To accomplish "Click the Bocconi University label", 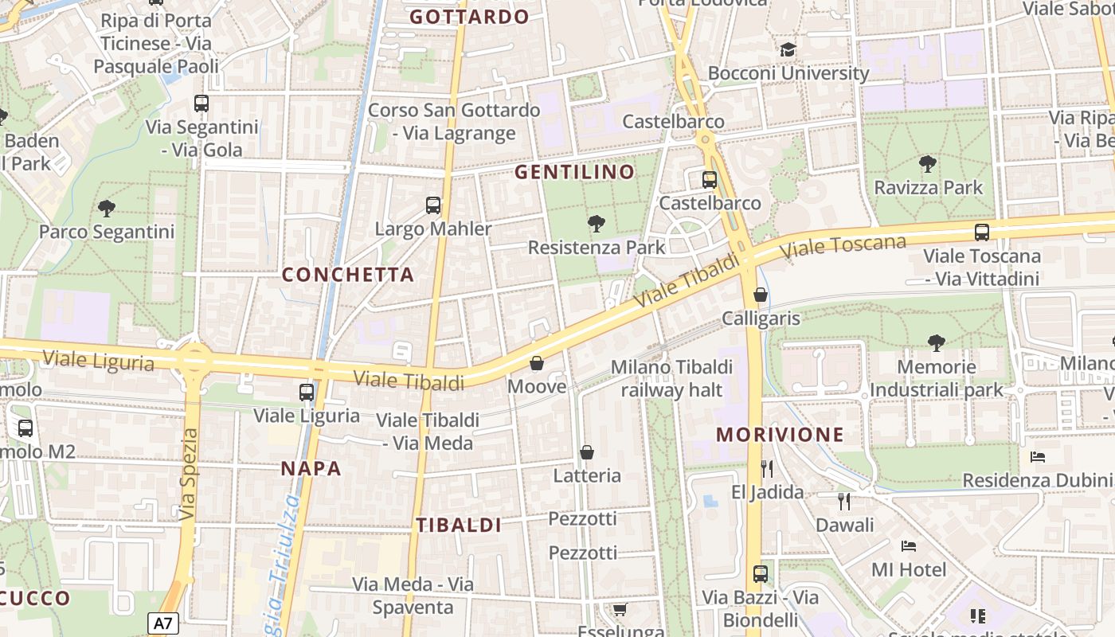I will pyautogui.click(x=788, y=73).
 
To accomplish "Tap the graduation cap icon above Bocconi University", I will pyautogui.click(x=788, y=50).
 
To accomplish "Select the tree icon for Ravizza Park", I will pyautogui.click(x=927, y=165).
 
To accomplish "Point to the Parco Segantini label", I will pyautogui.click(x=107, y=232).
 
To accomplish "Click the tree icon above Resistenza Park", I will pyautogui.click(x=596, y=224).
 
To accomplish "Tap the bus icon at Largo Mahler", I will pyautogui.click(x=433, y=205).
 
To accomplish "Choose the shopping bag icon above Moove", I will pyautogui.click(x=537, y=364).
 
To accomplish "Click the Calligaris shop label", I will pyautogui.click(x=761, y=318).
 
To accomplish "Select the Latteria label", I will pyautogui.click(x=587, y=475).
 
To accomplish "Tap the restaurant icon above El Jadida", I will pyautogui.click(x=767, y=468).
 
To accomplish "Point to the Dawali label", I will pyautogui.click(x=844, y=525).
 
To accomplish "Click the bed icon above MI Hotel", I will pyautogui.click(x=908, y=546).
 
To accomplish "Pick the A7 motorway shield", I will pyautogui.click(x=163, y=623).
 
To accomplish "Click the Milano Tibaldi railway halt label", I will pyautogui.click(x=671, y=378).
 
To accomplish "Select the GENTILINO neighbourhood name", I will pyautogui.click(x=574, y=172).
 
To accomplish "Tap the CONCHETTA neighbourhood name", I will pyautogui.click(x=348, y=275).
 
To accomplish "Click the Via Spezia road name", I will pyautogui.click(x=188, y=475).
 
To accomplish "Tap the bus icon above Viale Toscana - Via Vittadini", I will pyautogui.click(x=981, y=233).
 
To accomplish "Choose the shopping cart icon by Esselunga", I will pyautogui.click(x=620, y=609).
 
